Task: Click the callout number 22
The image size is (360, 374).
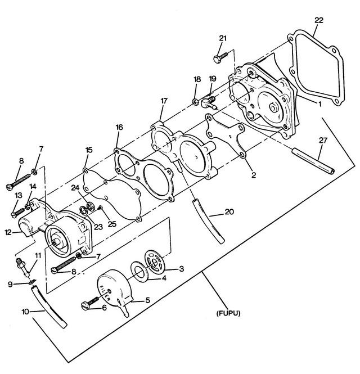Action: pyautogui.click(x=319, y=20)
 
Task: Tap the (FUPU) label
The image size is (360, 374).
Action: pyautogui.click(x=228, y=313)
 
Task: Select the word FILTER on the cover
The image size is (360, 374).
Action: pyautogui.click(x=105, y=292)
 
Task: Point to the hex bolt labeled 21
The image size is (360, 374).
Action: pyautogui.click(x=220, y=57)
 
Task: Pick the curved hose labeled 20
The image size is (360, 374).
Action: pyautogui.click(x=208, y=220)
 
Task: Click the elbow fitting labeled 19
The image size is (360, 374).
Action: pyautogui.click(x=208, y=102)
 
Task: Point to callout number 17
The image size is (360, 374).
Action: pyautogui.click(x=164, y=101)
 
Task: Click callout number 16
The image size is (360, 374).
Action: pyautogui.click(x=119, y=127)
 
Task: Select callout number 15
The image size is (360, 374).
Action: pyautogui.click(x=88, y=150)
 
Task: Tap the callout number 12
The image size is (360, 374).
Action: pyautogui.click(x=8, y=232)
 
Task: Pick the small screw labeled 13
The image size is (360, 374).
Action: pyautogui.click(x=18, y=212)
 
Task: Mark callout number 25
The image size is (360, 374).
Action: pyautogui.click(x=112, y=224)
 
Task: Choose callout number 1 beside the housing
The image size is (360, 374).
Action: pyautogui.click(x=319, y=104)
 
